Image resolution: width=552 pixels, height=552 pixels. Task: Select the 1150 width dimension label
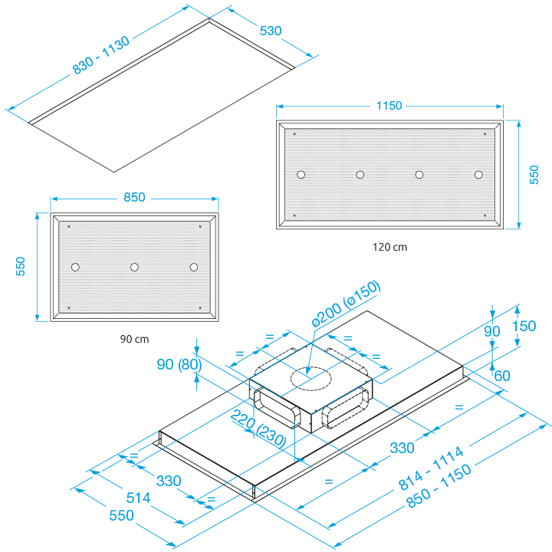click(x=389, y=106)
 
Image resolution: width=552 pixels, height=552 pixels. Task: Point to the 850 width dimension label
click(x=134, y=197)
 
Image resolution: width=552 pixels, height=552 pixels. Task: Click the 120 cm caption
click(x=389, y=248)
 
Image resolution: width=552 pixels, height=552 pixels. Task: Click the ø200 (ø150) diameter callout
click(x=346, y=305)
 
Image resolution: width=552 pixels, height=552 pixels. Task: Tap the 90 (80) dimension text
click(x=179, y=365)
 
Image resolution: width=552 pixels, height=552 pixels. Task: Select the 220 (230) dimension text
click(x=260, y=429)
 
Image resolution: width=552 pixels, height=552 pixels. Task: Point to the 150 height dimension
click(x=524, y=325)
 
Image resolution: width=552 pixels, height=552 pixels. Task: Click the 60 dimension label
click(x=502, y=376)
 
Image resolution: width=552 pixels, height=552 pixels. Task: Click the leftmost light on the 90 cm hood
click(x=74, y=267)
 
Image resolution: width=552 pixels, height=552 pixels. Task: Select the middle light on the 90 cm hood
click(x=134, y=267)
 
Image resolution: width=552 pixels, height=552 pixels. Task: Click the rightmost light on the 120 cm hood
click(x=478, y=175)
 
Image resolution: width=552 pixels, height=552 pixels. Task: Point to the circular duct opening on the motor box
click(x=310, y=377)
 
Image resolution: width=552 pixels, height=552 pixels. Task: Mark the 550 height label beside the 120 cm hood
click(x=534, y=175)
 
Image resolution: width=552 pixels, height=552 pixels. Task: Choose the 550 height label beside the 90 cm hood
click(x=22, y=267)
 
